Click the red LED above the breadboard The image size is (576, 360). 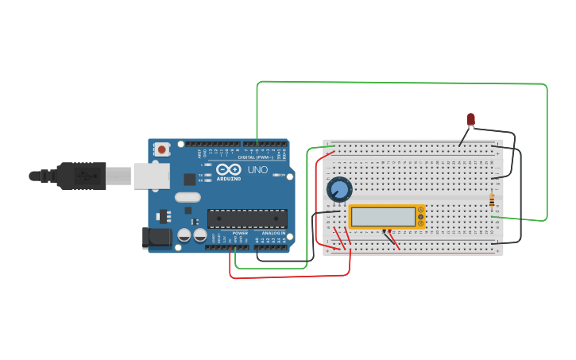[470, 119]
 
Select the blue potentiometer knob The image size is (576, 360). [339, 189]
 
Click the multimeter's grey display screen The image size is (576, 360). [383, 217]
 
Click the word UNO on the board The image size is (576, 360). [258, 170]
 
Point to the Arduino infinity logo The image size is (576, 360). [228, 170]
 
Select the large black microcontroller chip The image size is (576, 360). [247, 219]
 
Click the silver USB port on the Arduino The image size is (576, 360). [151, 176]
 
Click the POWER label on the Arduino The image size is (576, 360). [240, 233]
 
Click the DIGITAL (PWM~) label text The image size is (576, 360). [255, 157]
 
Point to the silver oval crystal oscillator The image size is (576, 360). [187, 197]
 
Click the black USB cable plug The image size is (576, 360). [80, 176]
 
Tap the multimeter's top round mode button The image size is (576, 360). [420, 211]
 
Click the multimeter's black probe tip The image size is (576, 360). [385, 231]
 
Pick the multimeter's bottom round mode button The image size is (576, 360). [420, 223]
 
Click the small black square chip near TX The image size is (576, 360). [190, 180]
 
